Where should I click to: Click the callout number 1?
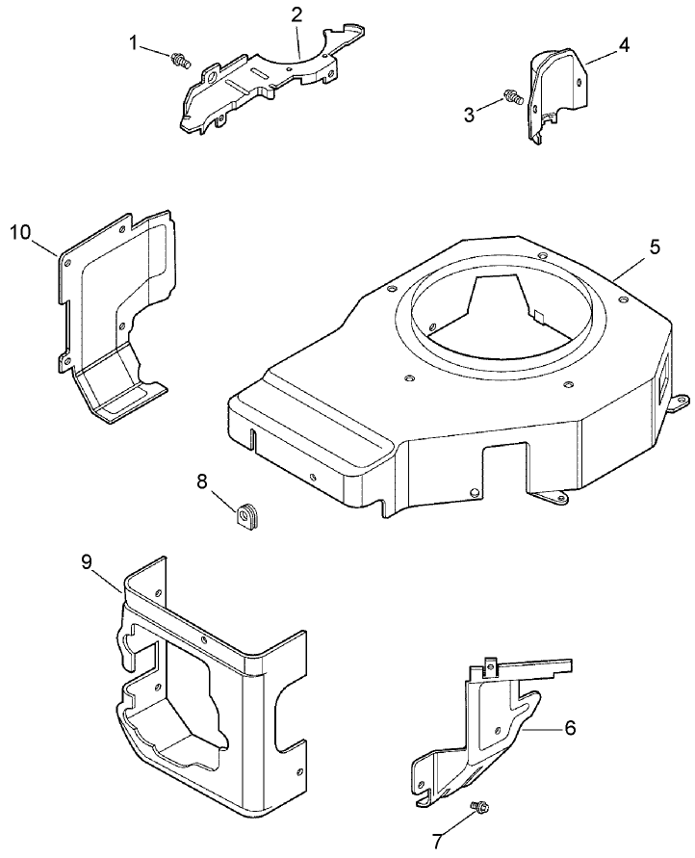135,42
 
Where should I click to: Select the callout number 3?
469,115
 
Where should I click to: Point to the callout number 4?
624,45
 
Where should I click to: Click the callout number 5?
654,247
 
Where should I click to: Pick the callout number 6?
569,728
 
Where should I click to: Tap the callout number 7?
438,843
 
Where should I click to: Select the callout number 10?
21,232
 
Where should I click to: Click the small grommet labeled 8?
248,516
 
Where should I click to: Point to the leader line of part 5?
631,265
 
